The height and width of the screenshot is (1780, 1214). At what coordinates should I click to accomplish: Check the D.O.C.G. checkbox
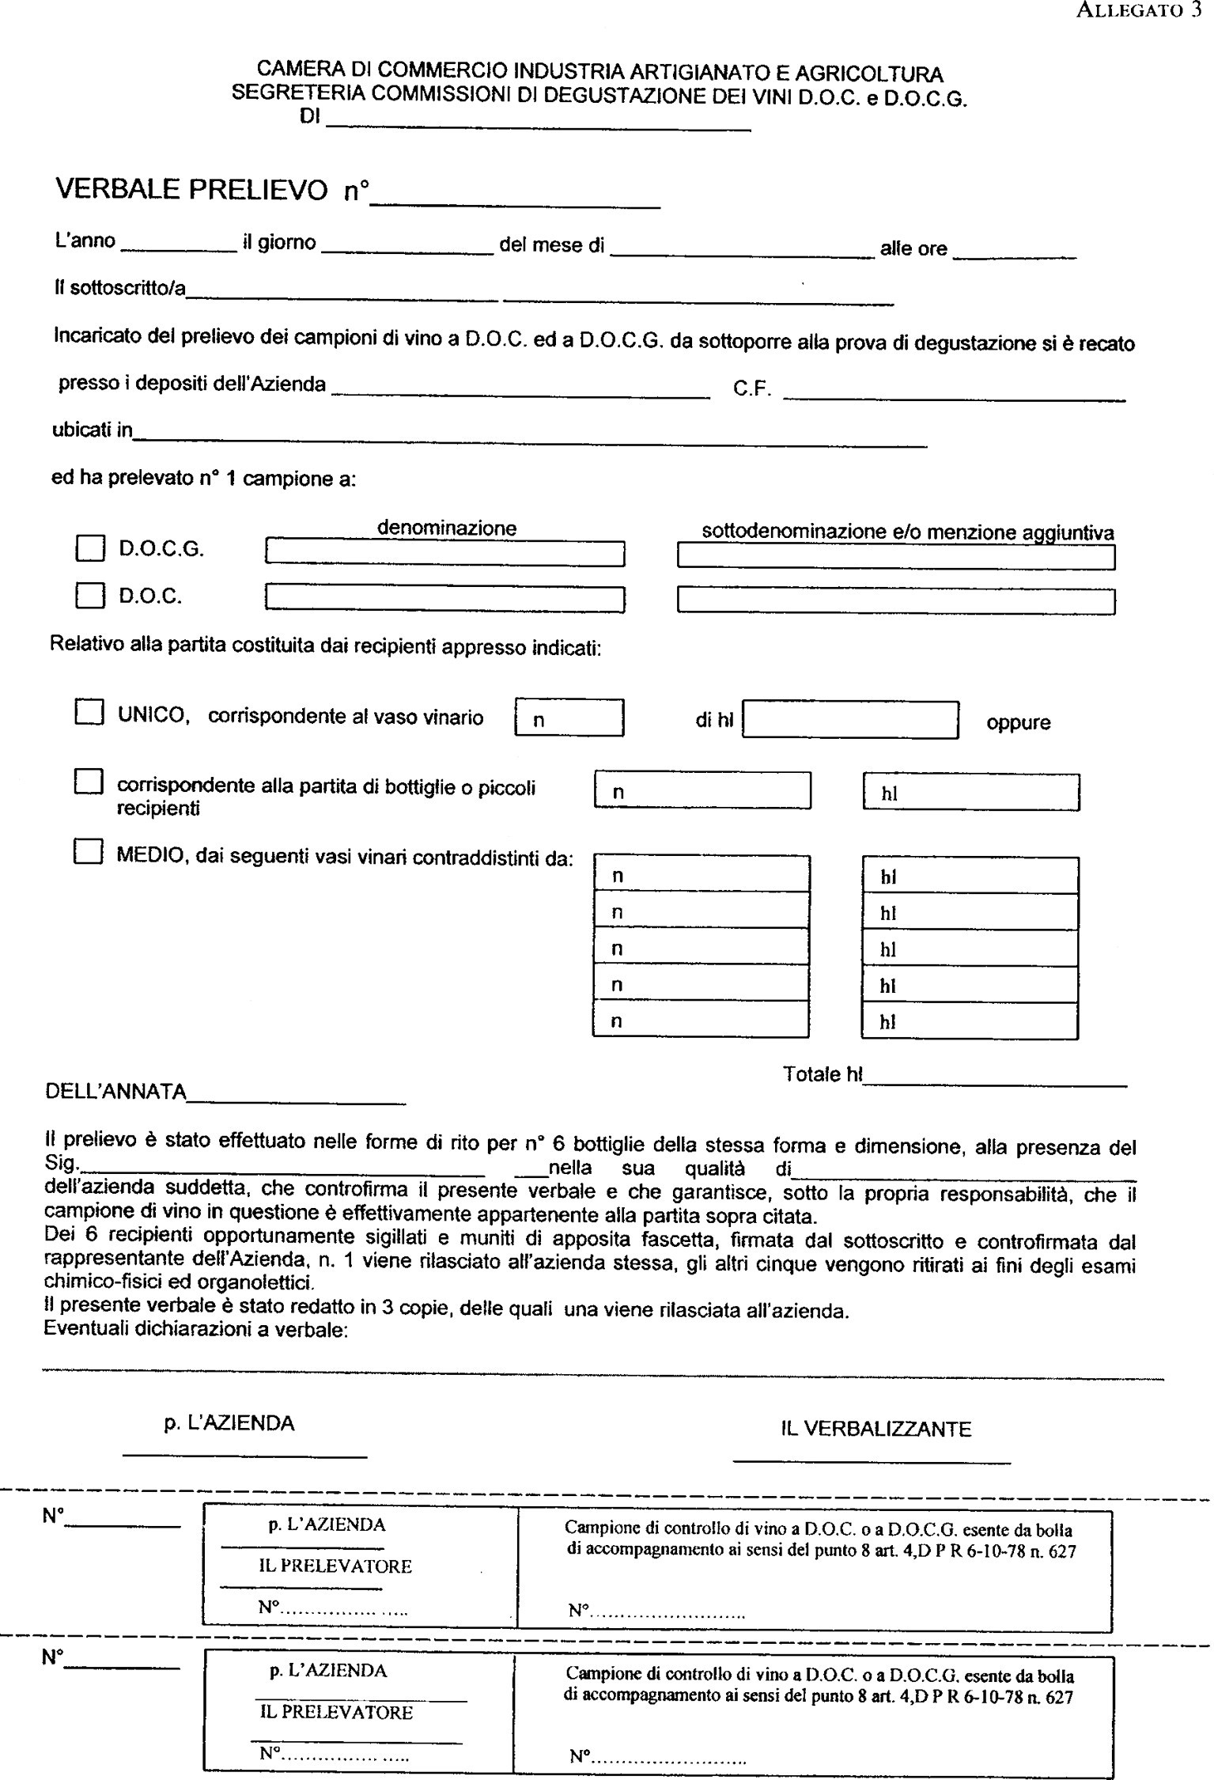[x=90, y=548]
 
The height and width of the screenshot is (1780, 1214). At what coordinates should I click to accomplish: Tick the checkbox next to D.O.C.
[x=90, y=595]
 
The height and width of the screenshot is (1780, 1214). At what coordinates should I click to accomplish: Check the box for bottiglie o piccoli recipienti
[x=89, y=782]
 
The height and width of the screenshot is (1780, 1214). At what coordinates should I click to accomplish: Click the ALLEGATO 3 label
[x=1140, y=12]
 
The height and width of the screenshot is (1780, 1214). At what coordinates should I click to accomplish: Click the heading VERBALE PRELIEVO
[x=191, y=191]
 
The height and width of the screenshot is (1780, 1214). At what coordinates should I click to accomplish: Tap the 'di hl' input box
[x=850, y=719]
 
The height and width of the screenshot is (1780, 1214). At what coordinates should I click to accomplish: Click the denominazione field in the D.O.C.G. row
[x=445, y=553]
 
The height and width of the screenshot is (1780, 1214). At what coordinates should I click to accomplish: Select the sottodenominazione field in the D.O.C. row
[x=895, y=602]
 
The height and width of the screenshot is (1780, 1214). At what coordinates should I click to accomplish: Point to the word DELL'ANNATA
[x=116, y=1093]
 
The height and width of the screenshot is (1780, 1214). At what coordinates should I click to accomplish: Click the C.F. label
[x=752, y=389]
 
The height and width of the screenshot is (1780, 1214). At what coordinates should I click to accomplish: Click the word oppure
[x=1018, y=723]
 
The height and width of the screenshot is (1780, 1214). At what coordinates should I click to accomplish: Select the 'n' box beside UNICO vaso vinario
[x=569, y=718]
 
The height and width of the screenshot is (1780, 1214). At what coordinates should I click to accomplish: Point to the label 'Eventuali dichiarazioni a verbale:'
[x=196, y=1330]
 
